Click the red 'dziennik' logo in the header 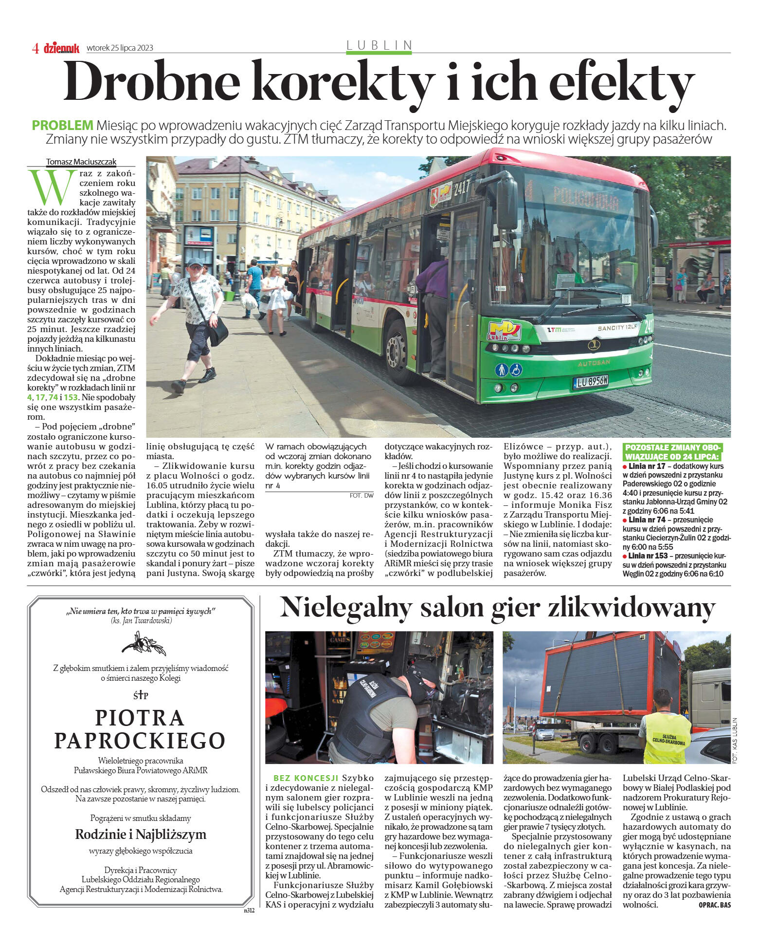[x=61, y=48]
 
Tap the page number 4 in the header [x=35, y=48]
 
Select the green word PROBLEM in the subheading [x=62, y=126]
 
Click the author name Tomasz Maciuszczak [x=81, y=162]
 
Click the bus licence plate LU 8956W [x=591, y=381]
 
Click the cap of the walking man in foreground [x=195, y=262]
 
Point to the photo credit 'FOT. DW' [x=361, y=496]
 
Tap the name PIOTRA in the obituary [x=140, y=718]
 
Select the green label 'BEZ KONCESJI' [x=306, y=778]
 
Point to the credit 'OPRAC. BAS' [x=714, y=905]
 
